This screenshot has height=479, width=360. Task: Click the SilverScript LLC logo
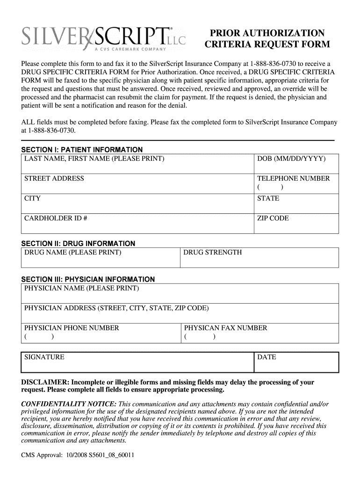[x=103, y=37]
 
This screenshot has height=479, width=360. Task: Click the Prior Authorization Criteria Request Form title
[x=267, y=39]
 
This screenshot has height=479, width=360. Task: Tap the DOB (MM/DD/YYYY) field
[x=296, y=164]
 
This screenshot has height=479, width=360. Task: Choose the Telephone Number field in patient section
[x=296, y=183]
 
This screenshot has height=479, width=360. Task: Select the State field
[x=296, y=203]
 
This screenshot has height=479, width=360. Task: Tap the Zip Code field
[x=296, y=223]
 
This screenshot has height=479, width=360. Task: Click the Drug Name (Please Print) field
[x=101, y=258]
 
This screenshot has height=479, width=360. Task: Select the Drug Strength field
[x=259, y=258]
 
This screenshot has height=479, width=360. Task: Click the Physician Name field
[x=180, y=293]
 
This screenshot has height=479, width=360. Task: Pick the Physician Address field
[x=180, y=313]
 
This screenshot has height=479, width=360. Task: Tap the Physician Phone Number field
[x=101, y=333]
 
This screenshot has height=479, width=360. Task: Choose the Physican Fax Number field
[x=259, y=333]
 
